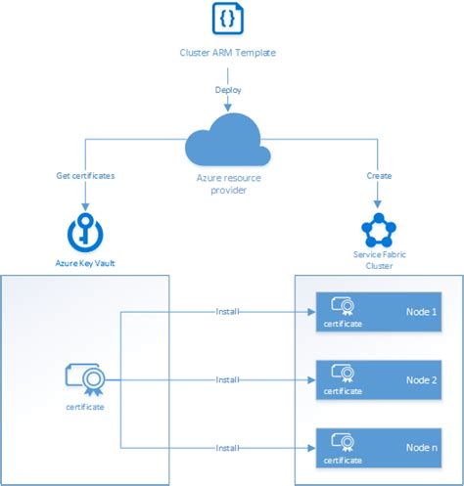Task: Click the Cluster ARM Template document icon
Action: pos(228,19)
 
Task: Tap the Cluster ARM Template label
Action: pos(228,51)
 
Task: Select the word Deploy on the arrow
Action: pos(228,90)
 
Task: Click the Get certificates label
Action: pos(86,176)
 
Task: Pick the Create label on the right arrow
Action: pos(379,176)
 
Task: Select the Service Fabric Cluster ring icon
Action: pos(379,231)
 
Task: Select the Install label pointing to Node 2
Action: pos(227,378)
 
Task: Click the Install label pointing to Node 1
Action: pos(227,312)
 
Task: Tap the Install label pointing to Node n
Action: pos(227,446)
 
